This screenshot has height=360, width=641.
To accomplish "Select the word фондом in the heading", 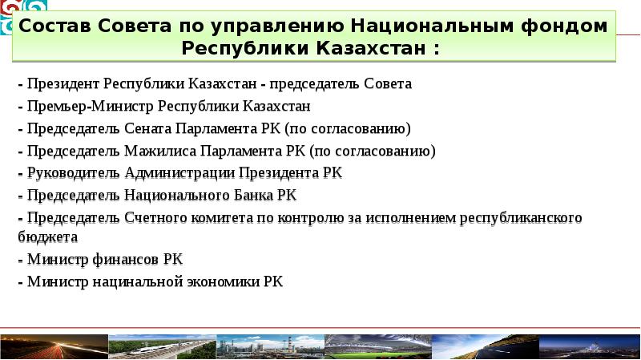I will (x=570, y=26).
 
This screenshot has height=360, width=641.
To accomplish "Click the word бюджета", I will (x=47, y=237).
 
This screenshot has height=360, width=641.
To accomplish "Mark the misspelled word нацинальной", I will (x=132, y=281).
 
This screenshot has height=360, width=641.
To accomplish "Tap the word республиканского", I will (x=520, y=217).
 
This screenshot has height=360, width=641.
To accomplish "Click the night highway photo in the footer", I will (x=53, y=346).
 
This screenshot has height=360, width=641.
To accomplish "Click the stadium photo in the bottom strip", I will (x=377, y=346).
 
